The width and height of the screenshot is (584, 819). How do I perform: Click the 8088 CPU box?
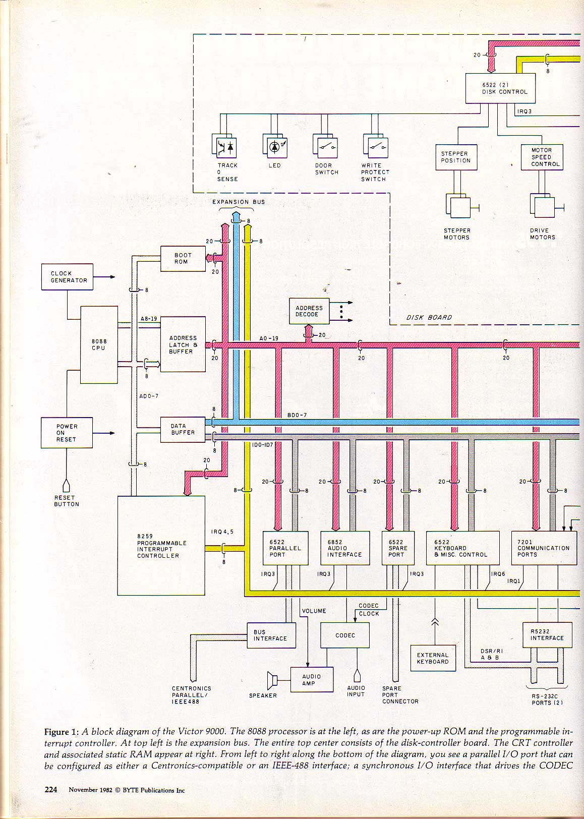(x=99, y=344)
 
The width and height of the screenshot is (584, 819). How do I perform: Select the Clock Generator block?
(x=67, y=277)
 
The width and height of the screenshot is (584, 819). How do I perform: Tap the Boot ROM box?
(x=183, y=259)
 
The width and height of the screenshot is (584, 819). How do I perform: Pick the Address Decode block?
(x=309, y=311)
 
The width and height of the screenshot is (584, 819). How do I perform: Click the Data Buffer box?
(x=183, y=430)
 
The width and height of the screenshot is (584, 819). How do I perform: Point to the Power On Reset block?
(x=67, y=433)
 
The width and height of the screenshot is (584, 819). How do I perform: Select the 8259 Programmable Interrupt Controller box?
(x=161, y=546)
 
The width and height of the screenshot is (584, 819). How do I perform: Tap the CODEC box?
(x=345, y=635)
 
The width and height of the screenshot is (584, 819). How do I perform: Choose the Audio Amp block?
(x=312, y=680)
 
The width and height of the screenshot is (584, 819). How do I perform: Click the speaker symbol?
(x=273, y=680)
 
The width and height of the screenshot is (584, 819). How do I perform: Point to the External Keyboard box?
(x=433, y=658)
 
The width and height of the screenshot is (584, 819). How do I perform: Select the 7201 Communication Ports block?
(x=544, y=548)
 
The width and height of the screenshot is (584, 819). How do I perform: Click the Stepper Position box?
(x=456, y=157)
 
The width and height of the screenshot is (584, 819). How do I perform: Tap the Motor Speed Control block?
(x=542, y=157)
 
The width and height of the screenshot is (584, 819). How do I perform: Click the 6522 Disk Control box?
(x=500, y=89)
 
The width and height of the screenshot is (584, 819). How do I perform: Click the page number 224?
(x=51, y=790)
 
